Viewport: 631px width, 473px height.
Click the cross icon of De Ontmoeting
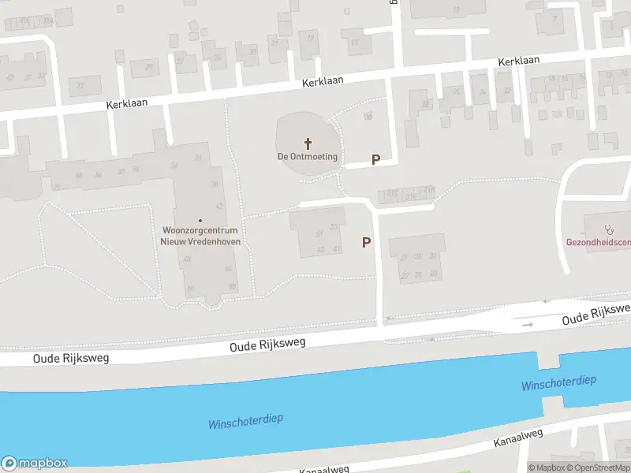308,143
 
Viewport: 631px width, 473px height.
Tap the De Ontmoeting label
308,157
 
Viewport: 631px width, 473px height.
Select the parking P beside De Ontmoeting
375,159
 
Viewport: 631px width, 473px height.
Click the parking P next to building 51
366,243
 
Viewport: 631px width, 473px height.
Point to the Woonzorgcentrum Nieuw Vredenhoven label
200,236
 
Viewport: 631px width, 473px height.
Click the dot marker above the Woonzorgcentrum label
200,220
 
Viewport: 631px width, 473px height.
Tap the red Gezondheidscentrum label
598,242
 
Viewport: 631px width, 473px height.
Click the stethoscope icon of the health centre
608,229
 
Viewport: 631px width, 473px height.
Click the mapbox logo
35,464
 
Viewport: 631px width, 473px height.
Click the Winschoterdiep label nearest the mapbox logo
245,422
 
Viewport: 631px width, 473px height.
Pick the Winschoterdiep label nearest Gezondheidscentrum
558,384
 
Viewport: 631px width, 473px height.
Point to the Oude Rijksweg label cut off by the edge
597,314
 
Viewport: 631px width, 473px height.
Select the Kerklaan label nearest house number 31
127,104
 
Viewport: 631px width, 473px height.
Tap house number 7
555,19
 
